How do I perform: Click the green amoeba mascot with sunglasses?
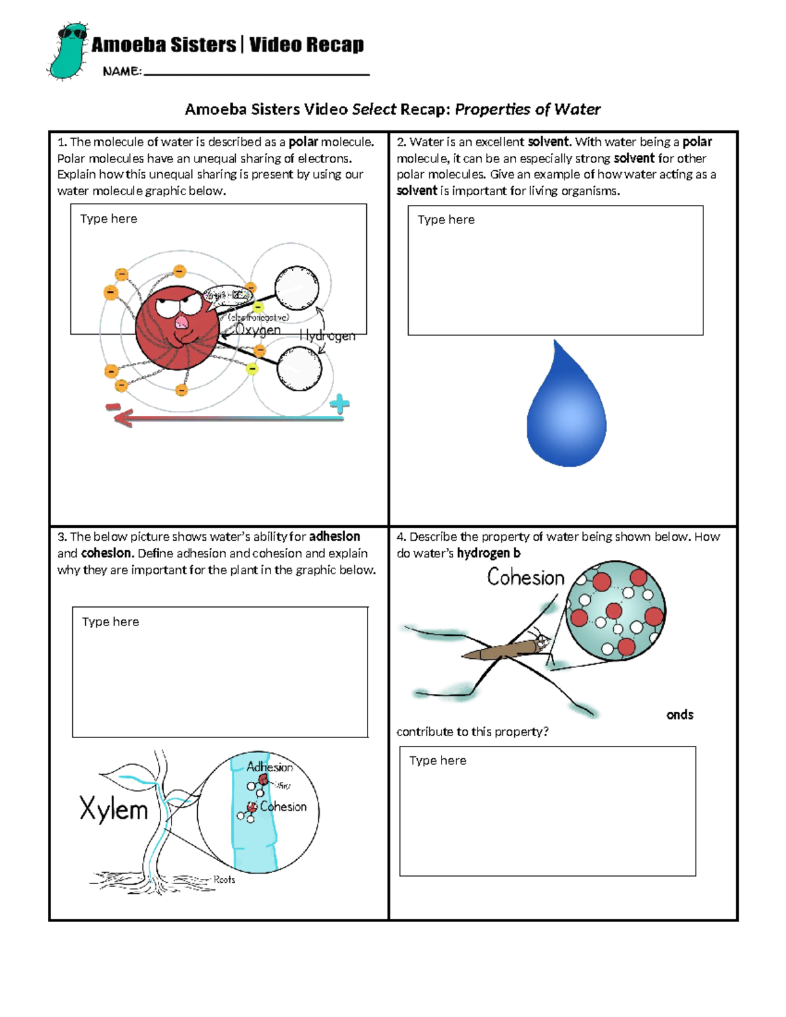pos(67,51)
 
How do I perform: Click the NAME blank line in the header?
pos(255,74)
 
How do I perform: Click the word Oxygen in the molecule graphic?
pos(257,330)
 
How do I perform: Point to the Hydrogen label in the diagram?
pos(327,336)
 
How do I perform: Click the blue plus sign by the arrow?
pos(339,405)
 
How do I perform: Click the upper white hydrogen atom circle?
pos(297,287)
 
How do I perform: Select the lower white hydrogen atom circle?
pos(299,368)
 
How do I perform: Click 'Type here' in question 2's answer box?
pos(446,220)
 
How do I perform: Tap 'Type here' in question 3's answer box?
pos(110,622)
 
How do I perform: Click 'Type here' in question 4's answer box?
pos(438,761)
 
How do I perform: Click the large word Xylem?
pos(114,809)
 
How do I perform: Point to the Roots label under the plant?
pos(224,879)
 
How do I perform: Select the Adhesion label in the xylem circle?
pos(269,767)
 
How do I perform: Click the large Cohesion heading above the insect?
pos(525,578)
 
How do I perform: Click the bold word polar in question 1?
pos(303,142)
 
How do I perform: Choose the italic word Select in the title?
pos(374,109)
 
